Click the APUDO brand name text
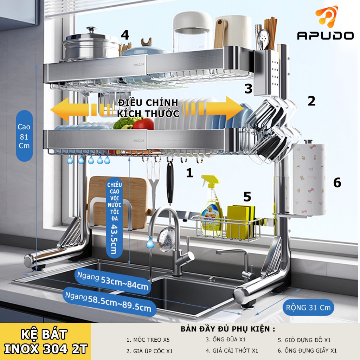coord(325,36)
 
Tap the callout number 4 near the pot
coord(125,35)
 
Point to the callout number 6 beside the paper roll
coord(337,182)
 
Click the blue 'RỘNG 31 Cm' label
coord(308,307)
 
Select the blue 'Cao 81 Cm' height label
coord(24,136)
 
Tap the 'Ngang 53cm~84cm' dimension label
coord(112,281)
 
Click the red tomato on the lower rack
coord(143,124)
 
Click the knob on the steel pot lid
coord(92,30)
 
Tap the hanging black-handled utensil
coord(170,182)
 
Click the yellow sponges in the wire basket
coord(241,221)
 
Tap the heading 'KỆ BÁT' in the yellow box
coord(44,334)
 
